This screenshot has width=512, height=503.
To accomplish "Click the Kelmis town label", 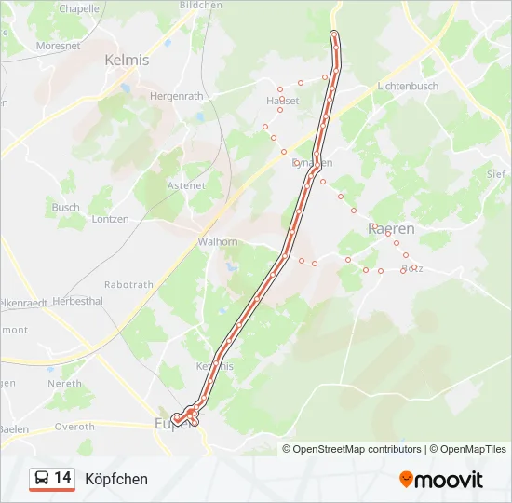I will click(127, 60).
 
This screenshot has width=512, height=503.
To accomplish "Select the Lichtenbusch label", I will click(407, 86).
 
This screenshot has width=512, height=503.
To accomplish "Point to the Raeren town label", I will click(392, 228).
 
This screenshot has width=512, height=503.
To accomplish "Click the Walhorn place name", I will click(217, 241).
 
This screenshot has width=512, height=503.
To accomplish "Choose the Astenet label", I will click(185, 185).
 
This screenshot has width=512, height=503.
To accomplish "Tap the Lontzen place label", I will click(111, 219).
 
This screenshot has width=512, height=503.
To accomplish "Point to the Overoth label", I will click(75, 427).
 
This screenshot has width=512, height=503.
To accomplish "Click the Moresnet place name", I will click(58, 45).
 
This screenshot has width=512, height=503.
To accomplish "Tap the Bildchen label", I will click(200, 5).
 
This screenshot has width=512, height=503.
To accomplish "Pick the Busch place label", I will click(65, 207).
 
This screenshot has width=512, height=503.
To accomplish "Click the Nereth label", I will click(64, 384).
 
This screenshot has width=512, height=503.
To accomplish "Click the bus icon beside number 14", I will click(41, 479).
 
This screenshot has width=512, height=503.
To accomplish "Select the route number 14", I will click(63, 478).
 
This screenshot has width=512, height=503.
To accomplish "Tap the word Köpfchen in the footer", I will click(115, 479).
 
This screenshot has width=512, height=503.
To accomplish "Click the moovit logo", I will click(441, 480).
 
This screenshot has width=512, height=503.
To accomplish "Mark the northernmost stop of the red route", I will click(334, 36).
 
